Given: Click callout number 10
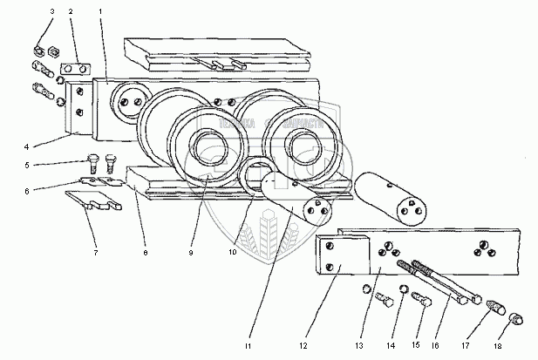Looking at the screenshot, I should (235, 253).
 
